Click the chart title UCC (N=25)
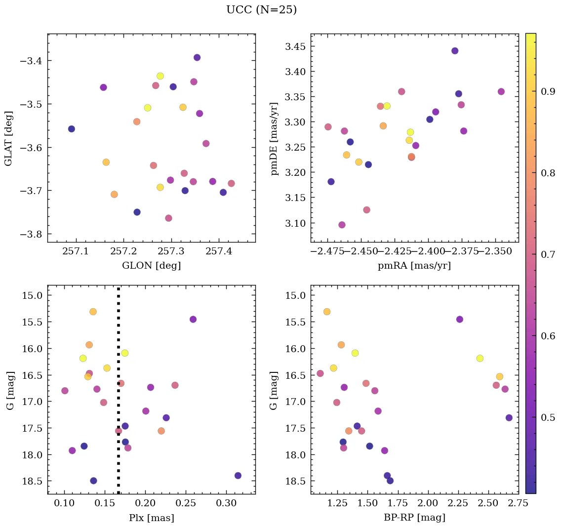click(261, 10)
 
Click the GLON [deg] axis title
click(151, 266)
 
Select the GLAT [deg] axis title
click(8, 138)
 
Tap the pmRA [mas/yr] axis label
click(414, 266)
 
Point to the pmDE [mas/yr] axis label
click(274, 138)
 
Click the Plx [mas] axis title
click(151, 518)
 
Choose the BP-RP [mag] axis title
click(414, 518)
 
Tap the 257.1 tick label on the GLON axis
click(76, 252)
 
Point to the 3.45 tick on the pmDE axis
click(295, 47)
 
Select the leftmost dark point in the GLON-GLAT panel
click(72, 129)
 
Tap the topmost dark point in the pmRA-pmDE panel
click(455, 51)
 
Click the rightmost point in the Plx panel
click(238, 476)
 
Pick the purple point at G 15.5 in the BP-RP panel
click(460, 319)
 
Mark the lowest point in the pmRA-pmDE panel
click(342, 225)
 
